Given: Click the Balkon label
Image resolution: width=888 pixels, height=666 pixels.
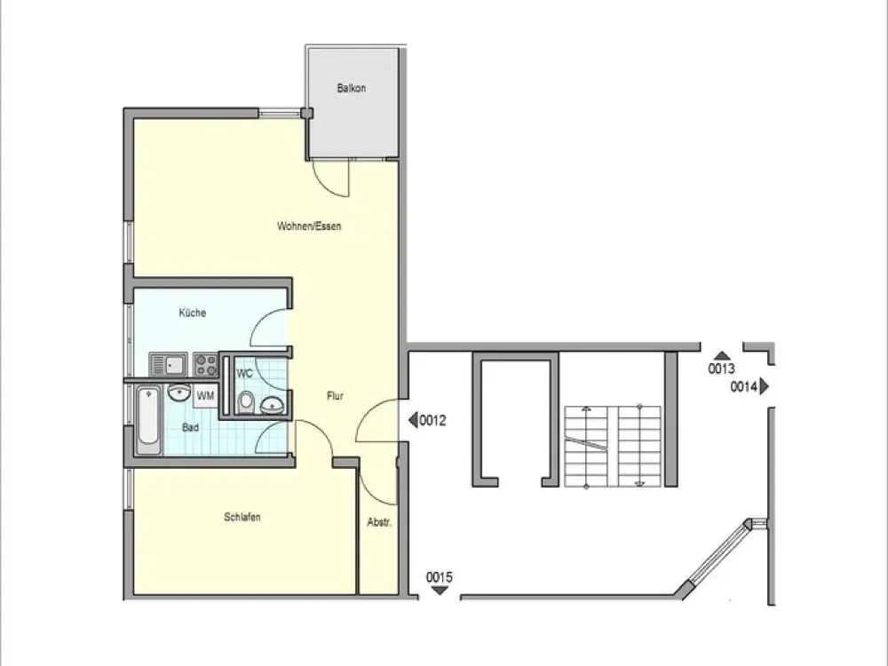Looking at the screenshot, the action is coord(351,88).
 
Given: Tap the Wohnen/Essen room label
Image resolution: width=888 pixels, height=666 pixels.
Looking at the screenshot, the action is coord(309,226).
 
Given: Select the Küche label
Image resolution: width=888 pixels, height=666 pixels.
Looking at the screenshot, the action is coord(193,313).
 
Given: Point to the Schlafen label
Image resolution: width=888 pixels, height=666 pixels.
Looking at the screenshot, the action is coord(242,517).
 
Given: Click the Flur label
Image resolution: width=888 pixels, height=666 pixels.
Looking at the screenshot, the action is coord(335,396).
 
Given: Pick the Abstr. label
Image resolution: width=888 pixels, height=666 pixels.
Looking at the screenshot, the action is coord(379,522).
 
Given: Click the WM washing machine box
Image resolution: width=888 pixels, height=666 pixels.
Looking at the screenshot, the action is coord(206,395).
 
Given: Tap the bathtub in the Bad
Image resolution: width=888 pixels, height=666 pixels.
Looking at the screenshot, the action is coord(149,420).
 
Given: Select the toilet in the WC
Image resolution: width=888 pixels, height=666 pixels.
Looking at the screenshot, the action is coord(246,402).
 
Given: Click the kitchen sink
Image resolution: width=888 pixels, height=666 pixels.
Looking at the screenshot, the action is coord(169,365).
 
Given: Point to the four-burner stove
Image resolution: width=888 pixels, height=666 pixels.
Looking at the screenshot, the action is coord(206,365).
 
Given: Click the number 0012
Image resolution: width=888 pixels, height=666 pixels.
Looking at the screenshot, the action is coord(432,420).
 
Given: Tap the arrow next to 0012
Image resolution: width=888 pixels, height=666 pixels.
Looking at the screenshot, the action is coord(414,420).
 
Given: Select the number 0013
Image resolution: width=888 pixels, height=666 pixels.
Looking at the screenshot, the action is coord(721,369).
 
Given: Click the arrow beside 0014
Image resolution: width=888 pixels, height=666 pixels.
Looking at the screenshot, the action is coord(765,386).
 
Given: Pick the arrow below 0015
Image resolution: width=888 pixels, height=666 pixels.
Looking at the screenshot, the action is coord(440,591).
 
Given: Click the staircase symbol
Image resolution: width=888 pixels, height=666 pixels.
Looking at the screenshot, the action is coord(613,447).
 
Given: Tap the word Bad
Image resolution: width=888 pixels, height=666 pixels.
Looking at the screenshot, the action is coord(190,428).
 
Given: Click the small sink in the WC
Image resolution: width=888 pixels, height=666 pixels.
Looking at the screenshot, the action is coord(273,406).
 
